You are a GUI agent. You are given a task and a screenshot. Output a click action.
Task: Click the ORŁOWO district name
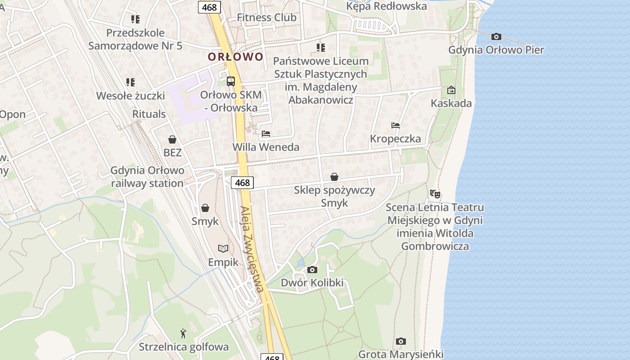[235, 57]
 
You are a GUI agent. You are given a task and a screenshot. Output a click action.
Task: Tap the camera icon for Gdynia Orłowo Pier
[496, 36]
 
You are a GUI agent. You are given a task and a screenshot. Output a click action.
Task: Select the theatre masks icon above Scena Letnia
[435, 194]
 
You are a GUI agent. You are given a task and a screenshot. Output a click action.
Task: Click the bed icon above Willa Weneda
[266, 134]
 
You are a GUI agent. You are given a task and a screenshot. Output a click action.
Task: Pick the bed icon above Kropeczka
[396, 125]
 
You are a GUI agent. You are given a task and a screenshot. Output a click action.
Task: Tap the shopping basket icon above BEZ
[172, 139]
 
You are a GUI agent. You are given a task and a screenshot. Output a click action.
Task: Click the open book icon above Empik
[223, 248]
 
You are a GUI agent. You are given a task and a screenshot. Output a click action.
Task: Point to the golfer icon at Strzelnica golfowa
[183, 333]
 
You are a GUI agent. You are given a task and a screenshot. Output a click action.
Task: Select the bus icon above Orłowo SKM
[231, 81]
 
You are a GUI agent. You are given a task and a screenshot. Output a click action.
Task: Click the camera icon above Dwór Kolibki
[312, 270]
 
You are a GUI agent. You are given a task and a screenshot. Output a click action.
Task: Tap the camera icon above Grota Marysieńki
[401, 341]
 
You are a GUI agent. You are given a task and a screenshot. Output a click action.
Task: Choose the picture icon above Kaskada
[451, 90]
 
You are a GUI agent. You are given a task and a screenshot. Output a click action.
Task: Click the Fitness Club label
[266, 18]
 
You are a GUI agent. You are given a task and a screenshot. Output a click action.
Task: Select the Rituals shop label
[149, 114]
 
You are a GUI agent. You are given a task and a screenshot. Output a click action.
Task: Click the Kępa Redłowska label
[386, 6]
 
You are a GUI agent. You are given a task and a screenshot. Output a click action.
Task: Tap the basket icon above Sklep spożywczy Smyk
[334, 177]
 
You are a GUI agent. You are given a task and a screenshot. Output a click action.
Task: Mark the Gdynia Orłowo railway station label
[148, 177]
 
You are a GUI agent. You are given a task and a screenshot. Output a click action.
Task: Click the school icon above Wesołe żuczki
[130, 82]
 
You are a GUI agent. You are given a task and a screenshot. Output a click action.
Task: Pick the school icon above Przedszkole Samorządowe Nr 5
[135, 19]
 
